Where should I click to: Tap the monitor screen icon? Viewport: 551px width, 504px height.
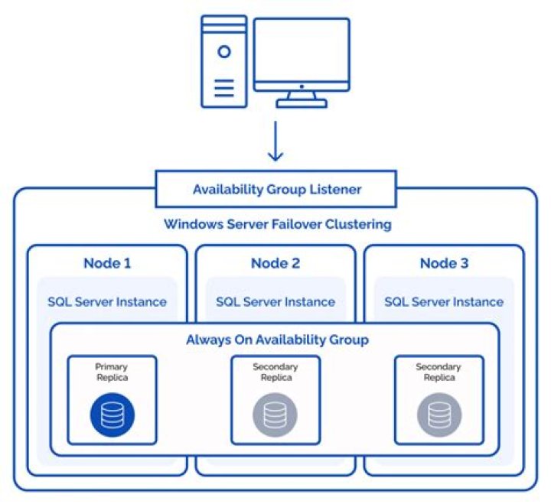tap(302, 54)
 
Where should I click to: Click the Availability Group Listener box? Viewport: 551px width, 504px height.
tap(276, 189)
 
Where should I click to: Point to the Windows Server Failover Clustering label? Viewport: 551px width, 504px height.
tap(278, 225)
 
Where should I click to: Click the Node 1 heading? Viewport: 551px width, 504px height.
tap(107, 264)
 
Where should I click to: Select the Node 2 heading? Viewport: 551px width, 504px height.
tap(275, 264)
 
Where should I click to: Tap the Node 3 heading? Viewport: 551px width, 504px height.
tap(445, 264)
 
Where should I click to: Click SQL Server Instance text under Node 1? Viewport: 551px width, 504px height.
tap(107, 301)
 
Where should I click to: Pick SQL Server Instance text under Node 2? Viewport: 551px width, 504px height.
tap(275, 301)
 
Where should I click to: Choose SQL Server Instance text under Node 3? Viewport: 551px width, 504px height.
tap(445, 301)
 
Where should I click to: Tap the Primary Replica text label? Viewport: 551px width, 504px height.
tap(112, 372)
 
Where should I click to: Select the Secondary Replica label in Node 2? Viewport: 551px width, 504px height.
tap(275, 372)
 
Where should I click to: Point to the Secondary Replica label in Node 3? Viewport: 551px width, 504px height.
tap(439, 372)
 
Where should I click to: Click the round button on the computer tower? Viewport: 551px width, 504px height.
tap(223, 52)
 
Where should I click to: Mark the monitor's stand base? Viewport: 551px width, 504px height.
tap(302, 102)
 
